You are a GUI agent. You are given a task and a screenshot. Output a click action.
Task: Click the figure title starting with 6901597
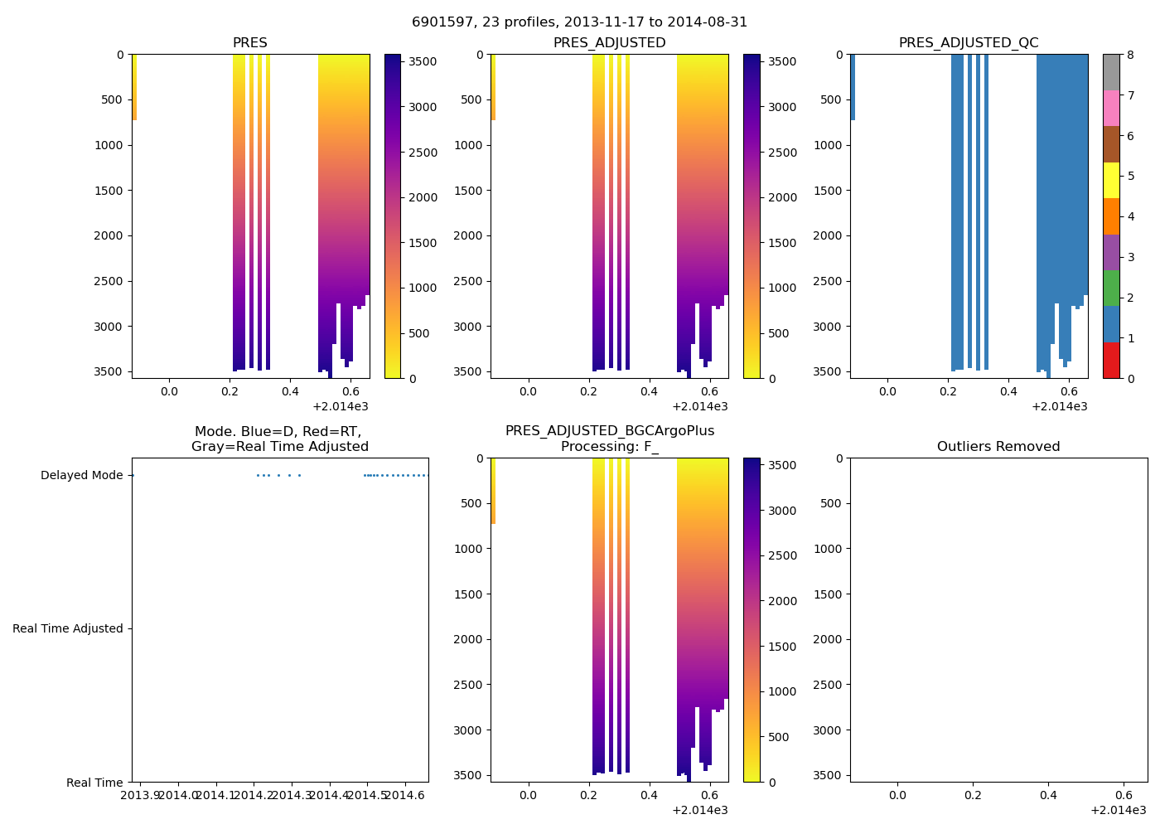[x=579, y=22]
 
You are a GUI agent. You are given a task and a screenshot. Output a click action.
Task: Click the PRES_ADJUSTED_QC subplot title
[x=969, y=43]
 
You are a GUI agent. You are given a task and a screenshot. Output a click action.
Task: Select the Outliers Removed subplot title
[x=998, y=447]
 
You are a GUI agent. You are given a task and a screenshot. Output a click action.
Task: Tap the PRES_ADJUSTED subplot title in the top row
[x=609, y=43]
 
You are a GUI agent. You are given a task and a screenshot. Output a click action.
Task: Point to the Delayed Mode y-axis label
[x=81, y=476]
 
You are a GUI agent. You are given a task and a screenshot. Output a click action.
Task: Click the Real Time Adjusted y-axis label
[x=68, y=629]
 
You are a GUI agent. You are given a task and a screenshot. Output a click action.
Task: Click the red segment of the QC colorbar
[x=1111, y=361]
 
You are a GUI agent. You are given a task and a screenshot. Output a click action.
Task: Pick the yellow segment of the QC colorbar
[x=1111, y=181]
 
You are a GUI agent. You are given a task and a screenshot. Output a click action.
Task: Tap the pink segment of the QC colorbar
[x=1111, y=108]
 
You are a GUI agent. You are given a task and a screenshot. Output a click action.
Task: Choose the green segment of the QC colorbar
[x=1111, y=288]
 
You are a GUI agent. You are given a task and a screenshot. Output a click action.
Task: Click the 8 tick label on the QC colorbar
[x=1130, y=56]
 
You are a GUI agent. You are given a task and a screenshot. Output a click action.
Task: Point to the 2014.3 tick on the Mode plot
[x=292, y=796]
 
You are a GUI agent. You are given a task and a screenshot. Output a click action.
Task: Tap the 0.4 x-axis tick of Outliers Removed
[x=1048, y=796]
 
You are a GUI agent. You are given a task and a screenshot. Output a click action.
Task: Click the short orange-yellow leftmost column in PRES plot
[x=134, y=87]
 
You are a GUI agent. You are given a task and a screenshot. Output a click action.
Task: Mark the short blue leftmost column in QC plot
[x=853, y=87]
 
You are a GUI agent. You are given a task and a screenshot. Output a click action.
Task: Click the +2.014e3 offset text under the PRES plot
[x=341, y=406]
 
